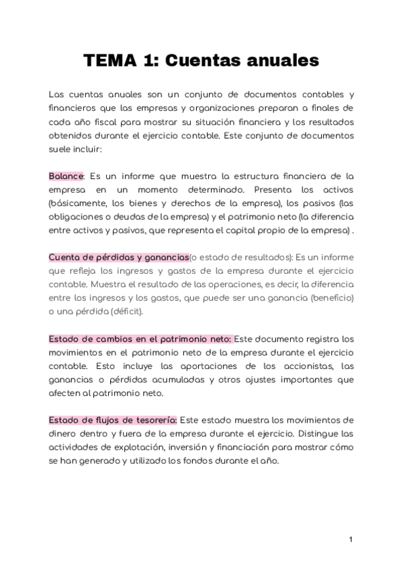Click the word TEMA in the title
click(109, 61)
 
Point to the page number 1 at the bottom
click(351, 540)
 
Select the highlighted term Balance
click(66, 176)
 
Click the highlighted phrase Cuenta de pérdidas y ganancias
click(118, 257)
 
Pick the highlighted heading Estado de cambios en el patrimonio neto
click(140, 339)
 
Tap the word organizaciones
click(210, 108)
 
